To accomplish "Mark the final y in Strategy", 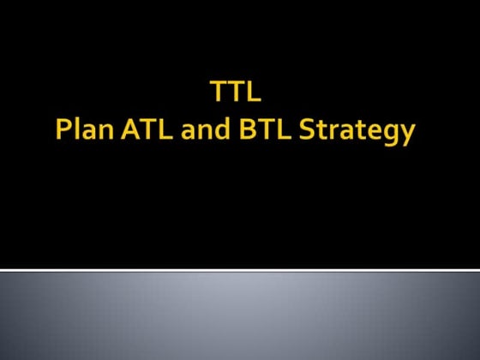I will click(x=406, y=137).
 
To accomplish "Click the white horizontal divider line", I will click(x=240, y=269).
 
